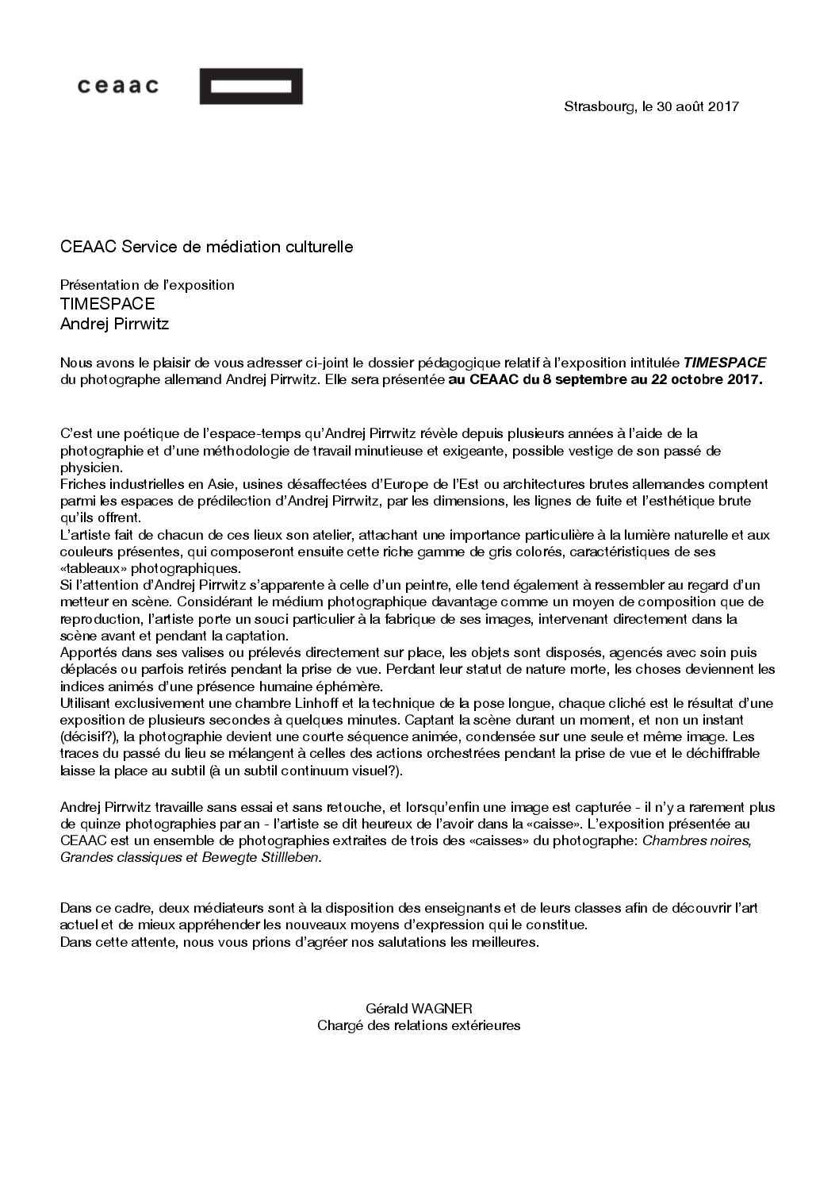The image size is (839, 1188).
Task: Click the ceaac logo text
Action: pyautogui.click(x=118, y=87)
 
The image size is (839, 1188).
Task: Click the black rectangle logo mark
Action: pyautogui.click(x=251, y=87)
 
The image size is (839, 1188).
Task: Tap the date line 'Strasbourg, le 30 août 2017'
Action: pyautogui.click(x=651, y=106)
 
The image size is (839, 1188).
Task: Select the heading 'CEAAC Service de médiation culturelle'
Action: pyautogui.click(x=206, y=248)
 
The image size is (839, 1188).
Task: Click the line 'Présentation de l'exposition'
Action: pyautogui.click(x=147, y=285)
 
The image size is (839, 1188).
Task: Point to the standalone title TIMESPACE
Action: pyautogui.click(x=107, y=304)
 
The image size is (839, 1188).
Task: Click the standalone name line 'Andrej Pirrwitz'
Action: pyautogui.click(x=115, y=324)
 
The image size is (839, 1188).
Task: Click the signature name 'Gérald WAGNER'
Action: pyautogui.click(x=419, y=1009)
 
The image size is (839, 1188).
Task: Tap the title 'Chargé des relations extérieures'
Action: pyautogui.click(x=419, y=1026)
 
